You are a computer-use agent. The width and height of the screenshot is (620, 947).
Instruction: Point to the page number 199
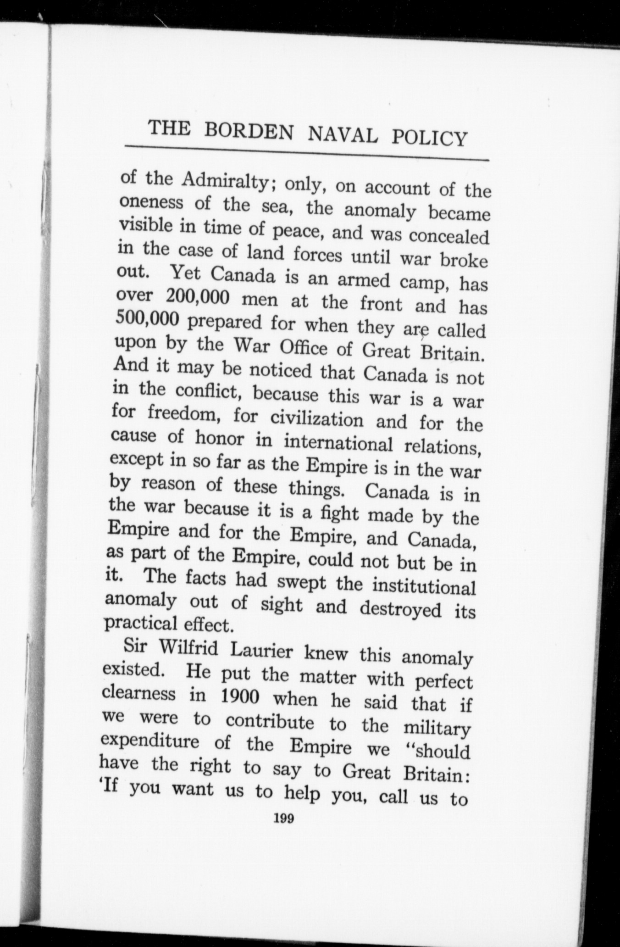tap(284, 819)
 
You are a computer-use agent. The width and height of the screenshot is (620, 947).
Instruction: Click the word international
tap(338, 443)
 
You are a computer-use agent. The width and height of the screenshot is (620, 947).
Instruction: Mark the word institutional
tap(423, 587)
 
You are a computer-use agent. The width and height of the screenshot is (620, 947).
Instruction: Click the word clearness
tap(139, 694)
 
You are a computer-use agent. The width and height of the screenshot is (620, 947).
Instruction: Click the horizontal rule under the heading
tap(307, 153)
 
